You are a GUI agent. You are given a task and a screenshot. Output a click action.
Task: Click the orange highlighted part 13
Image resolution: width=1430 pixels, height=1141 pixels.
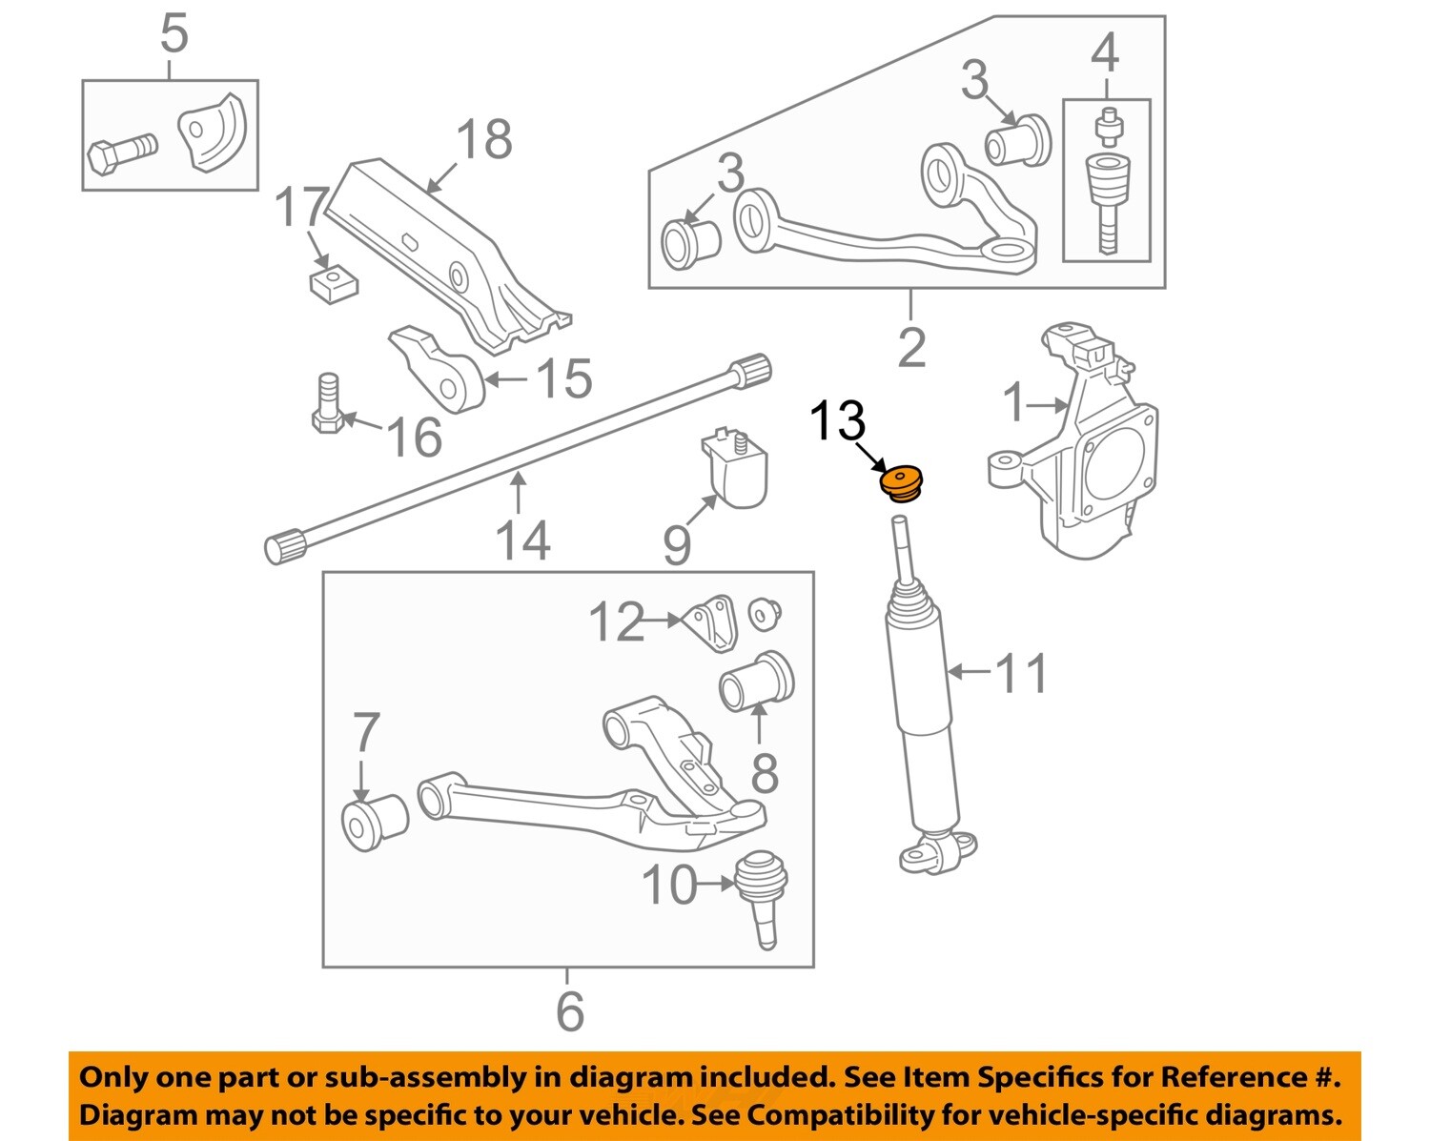click(901, 483)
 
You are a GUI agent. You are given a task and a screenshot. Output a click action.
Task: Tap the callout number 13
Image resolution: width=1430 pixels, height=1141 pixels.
click(837, 420)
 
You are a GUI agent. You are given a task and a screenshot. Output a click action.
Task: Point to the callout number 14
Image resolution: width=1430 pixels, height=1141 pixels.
click(522, 540)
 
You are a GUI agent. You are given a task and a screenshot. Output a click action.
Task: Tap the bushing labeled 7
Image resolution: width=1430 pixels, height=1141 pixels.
click(374, 821)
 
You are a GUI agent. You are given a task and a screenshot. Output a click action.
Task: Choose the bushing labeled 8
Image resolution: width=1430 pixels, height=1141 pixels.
click(756, 683)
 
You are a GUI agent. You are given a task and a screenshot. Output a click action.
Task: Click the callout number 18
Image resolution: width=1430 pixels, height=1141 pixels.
click(484, 139)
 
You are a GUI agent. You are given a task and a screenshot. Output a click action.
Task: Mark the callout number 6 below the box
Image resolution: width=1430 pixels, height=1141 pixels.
click(569, 1010)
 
